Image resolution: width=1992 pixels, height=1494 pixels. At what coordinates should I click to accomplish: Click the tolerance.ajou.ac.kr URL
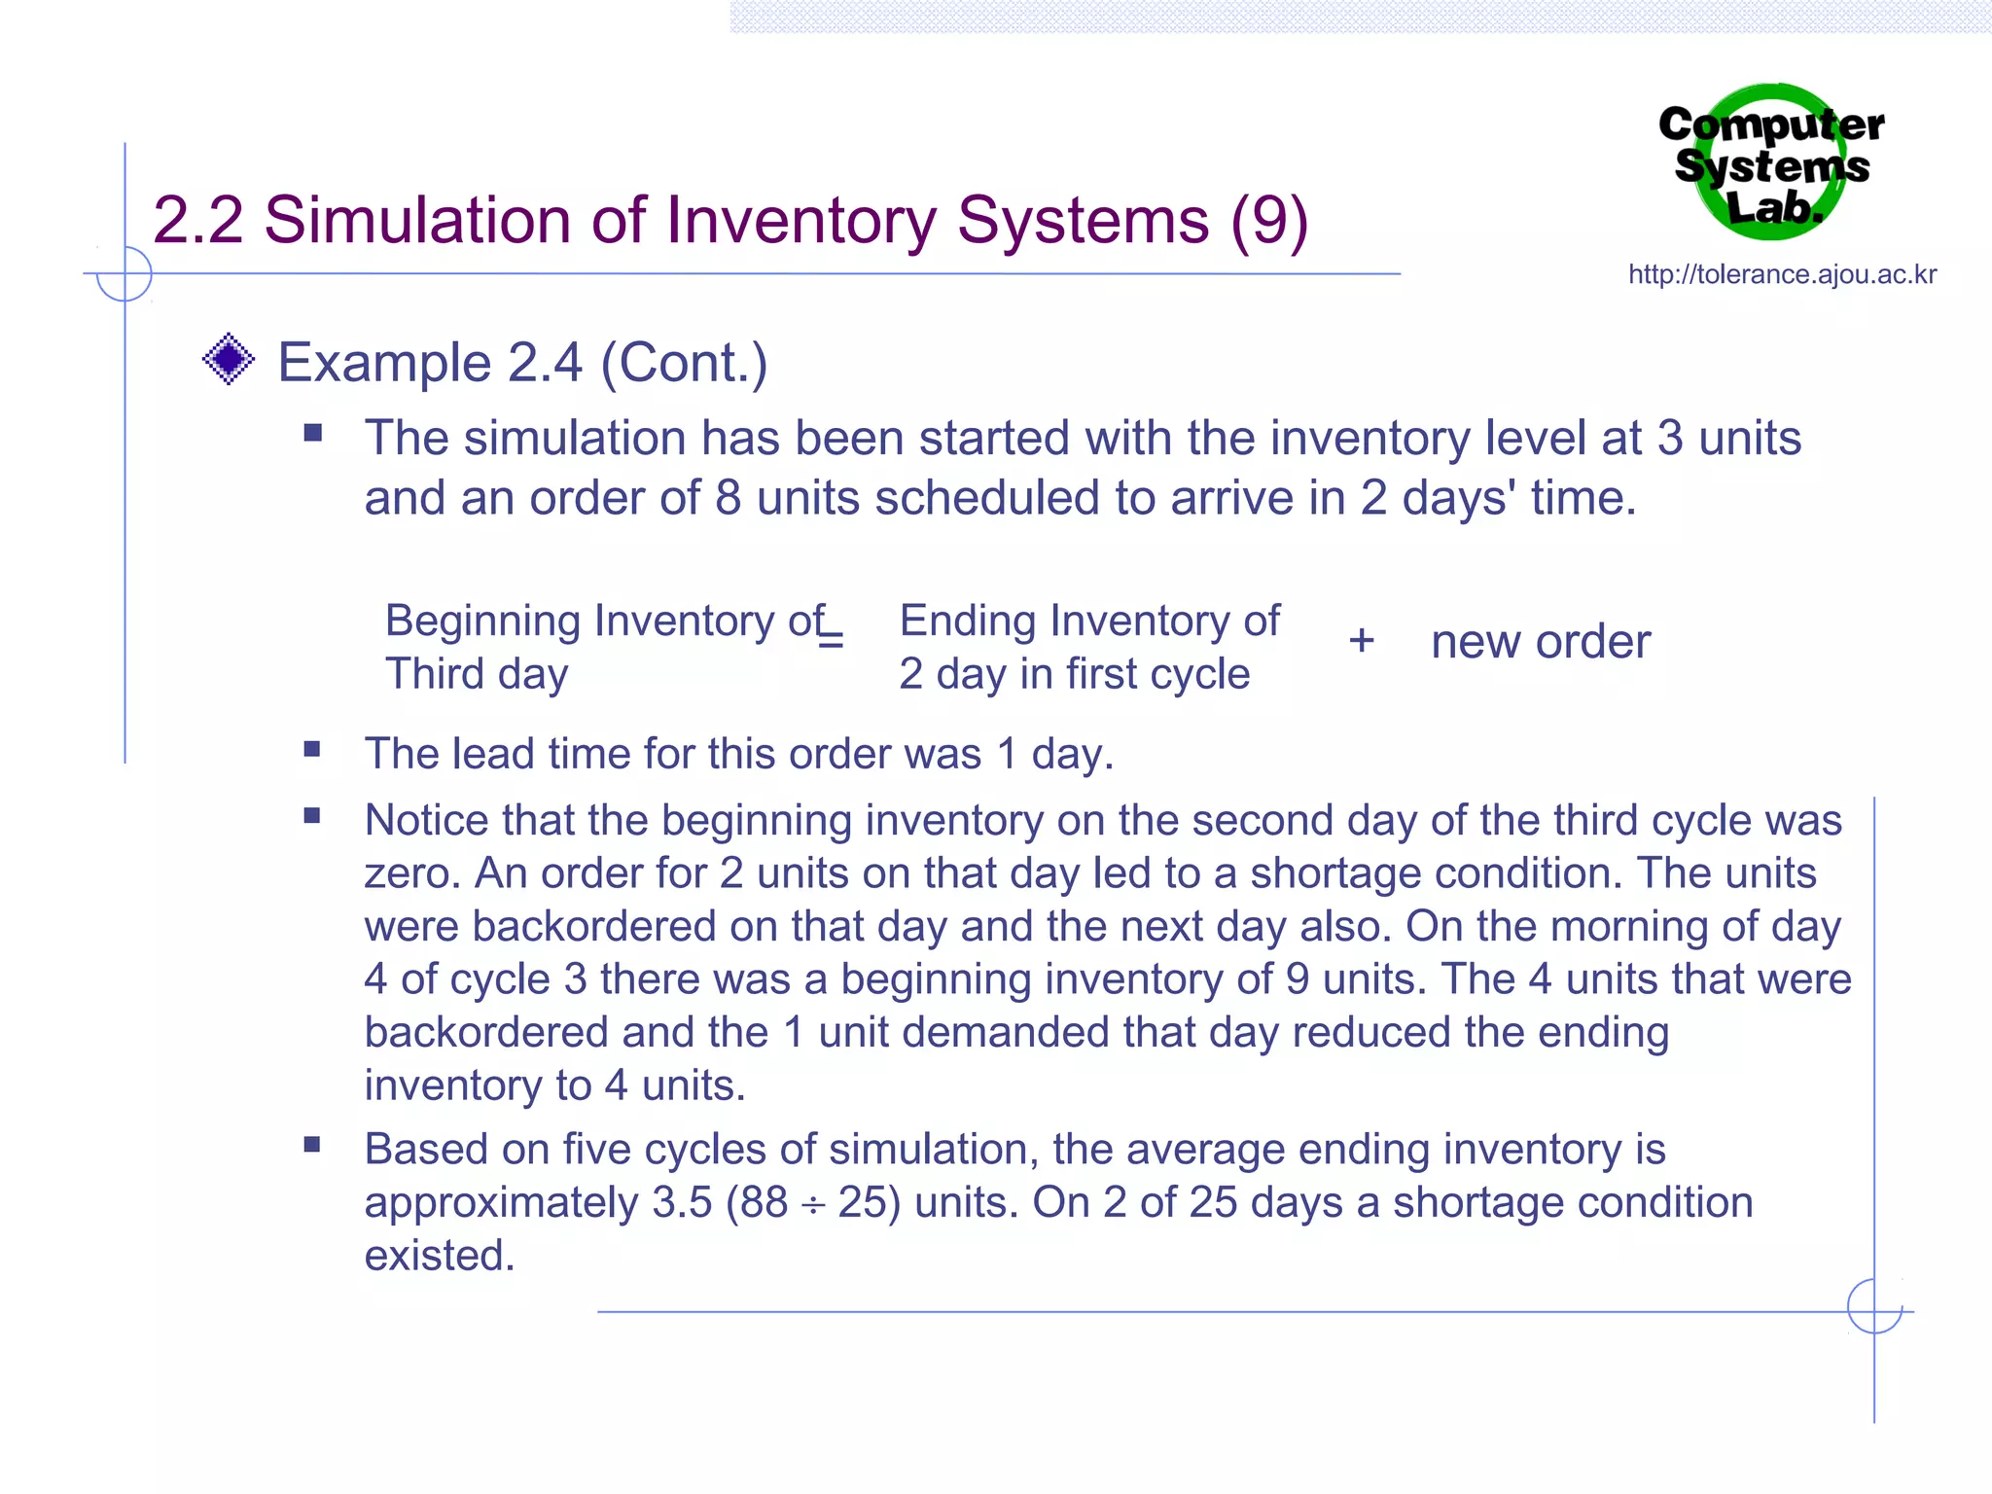pos(1782,275)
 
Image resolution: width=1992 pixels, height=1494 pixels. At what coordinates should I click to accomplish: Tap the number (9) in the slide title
pos(1268,221)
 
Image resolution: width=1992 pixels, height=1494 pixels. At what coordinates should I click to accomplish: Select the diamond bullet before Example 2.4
pos(229,360)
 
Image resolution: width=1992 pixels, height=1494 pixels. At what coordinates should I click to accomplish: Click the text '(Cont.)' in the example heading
pos(684,364)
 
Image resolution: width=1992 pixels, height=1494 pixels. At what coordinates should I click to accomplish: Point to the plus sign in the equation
pos(1361,641)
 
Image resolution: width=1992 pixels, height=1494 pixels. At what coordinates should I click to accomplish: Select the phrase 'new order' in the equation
pos(1541,642)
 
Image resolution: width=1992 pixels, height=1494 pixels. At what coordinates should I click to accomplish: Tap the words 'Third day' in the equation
pos(477,674)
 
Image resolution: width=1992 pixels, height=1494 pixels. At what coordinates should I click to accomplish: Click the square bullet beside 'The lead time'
pos(312,749)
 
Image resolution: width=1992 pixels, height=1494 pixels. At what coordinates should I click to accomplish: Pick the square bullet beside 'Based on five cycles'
pos(312,1145)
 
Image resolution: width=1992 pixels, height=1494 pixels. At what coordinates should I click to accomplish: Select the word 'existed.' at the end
pos(440,1256)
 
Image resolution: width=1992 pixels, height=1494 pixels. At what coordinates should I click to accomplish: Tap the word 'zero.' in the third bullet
pos(412,874)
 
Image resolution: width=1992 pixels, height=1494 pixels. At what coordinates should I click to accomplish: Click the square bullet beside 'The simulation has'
pos(312,433)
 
